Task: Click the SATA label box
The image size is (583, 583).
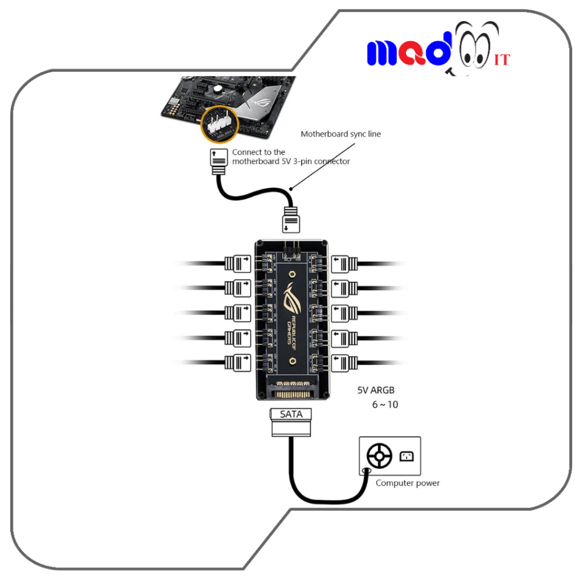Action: point(291,414)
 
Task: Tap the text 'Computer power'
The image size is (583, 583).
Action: point(408,483)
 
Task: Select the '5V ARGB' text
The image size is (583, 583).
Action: point(376,391)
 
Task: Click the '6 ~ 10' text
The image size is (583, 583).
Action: point(385,405)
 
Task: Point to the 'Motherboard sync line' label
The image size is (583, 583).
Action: point(340,134)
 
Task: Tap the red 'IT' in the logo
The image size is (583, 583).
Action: point(502,59)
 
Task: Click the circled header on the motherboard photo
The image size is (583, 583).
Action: point(220,122)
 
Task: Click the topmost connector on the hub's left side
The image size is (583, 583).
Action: point(237,263)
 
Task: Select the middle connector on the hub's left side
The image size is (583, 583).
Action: point(237,313)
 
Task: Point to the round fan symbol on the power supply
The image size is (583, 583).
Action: point(379,456)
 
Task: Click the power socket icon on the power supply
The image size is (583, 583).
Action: point(407,455)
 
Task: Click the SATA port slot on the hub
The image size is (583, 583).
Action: point(291,393)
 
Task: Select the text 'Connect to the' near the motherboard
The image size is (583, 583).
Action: point(258,152)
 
